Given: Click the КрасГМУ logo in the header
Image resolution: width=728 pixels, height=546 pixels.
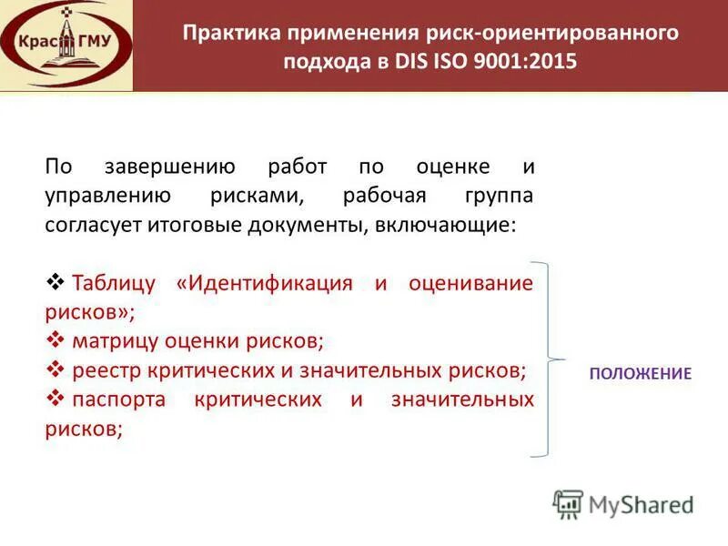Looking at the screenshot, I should tap(66, 44).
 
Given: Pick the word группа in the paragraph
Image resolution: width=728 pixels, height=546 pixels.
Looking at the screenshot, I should tap(498, 196).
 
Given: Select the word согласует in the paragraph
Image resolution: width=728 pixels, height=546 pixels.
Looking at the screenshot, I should tap(87, 225).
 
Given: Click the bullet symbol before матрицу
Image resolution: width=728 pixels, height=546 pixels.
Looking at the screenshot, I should tap(53, 340).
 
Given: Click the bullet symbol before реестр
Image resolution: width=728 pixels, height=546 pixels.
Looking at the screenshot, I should tap(53, 369).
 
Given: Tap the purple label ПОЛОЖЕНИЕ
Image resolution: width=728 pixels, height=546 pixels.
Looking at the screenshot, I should tap(640, 373).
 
